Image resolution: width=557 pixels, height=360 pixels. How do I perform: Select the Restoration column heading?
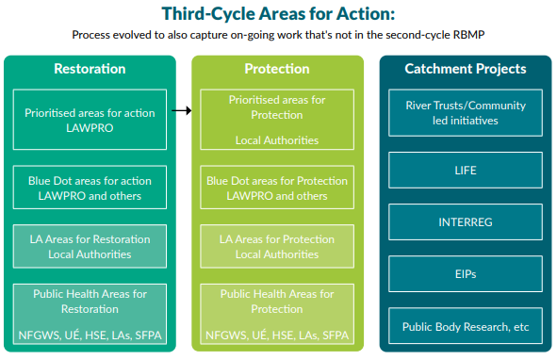[90, 69]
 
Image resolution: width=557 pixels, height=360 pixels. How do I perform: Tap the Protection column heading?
[277, 69]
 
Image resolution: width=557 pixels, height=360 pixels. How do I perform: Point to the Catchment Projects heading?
[466, 69]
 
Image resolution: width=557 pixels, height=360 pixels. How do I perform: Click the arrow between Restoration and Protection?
[183, 110]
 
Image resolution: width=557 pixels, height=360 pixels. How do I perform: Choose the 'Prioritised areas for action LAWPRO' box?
[90, 119]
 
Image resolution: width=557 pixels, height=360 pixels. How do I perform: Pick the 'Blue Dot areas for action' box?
[90, 188]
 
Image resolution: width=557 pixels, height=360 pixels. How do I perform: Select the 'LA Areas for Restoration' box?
[90, 247]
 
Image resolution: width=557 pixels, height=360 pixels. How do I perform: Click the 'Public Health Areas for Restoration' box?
[90, 313]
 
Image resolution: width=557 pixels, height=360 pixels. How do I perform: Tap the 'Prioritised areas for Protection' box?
[277, 119]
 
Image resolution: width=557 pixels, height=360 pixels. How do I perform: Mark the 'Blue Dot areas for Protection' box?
[277, 188]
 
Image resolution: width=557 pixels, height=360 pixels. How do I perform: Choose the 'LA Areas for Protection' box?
[277, 247]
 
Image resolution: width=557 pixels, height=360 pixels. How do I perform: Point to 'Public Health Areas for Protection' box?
[277, 313]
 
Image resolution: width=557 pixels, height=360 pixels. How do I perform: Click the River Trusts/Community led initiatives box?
[465, 113]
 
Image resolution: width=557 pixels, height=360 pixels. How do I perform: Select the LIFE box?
[465, 171]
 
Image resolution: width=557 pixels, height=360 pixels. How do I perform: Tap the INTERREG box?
[465, 222]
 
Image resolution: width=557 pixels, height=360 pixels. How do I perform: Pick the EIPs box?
[465, 274]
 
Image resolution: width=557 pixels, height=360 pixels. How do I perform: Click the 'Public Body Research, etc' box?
[465, 327]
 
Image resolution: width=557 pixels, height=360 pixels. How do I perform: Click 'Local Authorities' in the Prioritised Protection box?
[277, 139]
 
